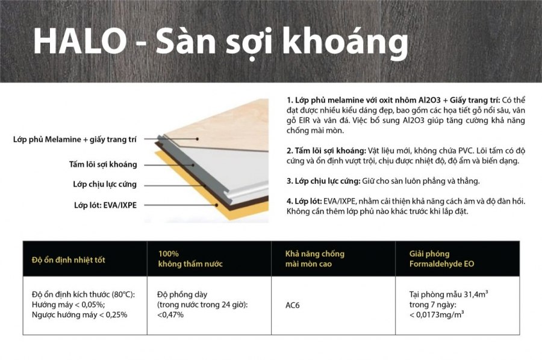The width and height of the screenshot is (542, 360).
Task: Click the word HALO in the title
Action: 80,42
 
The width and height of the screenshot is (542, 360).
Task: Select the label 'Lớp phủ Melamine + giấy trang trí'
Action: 75,140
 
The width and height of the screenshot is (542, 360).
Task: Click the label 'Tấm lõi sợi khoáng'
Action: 103,164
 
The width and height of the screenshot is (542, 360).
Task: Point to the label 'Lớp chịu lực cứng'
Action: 105,184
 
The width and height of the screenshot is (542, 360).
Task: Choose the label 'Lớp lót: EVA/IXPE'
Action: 105,205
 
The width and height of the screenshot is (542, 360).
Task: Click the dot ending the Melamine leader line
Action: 197,139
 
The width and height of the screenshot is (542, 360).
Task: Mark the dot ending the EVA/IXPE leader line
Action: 217,205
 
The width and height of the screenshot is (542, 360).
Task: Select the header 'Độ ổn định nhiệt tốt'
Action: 69,260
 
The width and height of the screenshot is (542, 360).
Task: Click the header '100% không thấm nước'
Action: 190,259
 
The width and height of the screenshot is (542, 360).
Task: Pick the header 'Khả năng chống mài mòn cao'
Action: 315,259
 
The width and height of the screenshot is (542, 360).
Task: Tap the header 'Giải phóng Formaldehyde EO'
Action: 442,259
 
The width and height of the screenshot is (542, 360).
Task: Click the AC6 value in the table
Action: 293,305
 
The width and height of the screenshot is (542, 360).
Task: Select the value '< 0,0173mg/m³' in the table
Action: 437,314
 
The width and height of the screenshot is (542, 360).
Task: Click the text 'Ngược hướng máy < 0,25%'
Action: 79,315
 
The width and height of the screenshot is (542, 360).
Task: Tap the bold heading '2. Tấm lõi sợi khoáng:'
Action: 326,151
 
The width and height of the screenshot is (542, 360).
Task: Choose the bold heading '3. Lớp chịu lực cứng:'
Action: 323,181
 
